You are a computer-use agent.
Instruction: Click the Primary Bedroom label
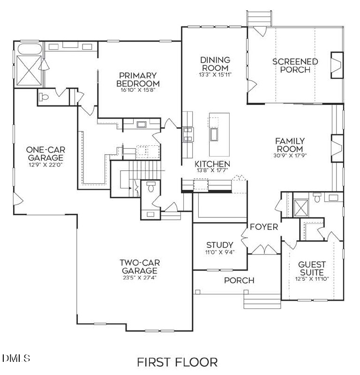137,79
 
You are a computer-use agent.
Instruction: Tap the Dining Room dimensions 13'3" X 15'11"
216,74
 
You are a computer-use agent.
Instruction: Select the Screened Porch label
295,65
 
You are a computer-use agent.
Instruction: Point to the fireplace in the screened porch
337,64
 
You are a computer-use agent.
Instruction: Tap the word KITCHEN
212,164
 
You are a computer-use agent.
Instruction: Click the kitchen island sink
215,135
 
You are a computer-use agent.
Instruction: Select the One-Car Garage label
45,153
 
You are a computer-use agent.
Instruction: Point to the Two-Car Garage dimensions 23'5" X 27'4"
138,277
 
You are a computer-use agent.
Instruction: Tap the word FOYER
263,227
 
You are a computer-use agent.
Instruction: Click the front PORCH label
239,280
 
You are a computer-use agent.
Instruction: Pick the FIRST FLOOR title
177,362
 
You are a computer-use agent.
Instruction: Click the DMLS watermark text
16,359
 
